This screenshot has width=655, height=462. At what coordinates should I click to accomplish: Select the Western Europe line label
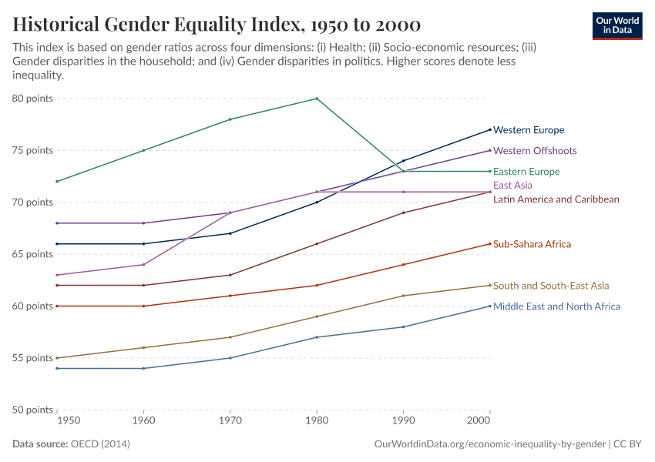click(529, 130)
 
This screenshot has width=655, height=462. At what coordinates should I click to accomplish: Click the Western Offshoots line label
click(535, 151)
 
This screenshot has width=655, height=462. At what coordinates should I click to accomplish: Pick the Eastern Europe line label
click(526, 172)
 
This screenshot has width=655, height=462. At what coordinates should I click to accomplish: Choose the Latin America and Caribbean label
click(556, 199)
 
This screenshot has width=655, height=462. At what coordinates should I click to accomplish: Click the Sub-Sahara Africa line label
click(532, 244)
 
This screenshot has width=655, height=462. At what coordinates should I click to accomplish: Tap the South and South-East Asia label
click(551, 286)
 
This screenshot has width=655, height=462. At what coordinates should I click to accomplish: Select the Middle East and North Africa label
click(556, 306)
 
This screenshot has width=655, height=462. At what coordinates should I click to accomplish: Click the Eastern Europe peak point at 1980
click(316, 99)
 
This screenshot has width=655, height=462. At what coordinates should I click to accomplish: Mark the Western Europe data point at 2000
click(489, 129)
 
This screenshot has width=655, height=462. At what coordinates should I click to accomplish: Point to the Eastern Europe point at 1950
click(57, 182)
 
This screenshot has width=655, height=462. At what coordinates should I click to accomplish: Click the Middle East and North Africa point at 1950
click(57, 368)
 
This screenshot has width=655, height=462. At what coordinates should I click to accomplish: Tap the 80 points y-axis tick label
click(32, 99)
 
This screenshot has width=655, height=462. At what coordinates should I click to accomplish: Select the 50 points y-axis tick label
click(32, 410)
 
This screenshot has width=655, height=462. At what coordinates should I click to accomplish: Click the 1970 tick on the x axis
click(230, 423)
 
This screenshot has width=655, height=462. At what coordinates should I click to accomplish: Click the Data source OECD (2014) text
click(71, 444)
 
